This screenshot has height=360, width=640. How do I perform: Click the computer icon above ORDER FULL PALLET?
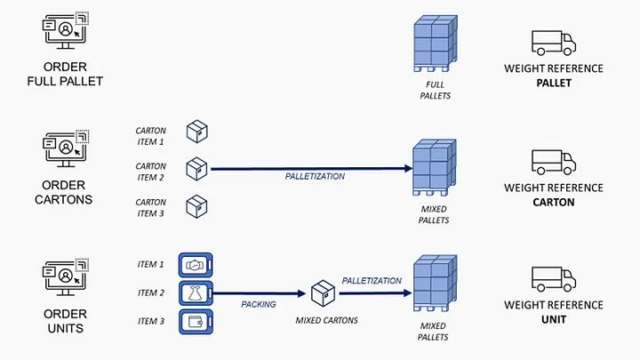pyautogui.click(x=66, y=31)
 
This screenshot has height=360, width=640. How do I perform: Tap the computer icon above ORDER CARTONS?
pyautogui.click(x=66, y=148)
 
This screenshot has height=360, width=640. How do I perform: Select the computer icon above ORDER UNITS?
pyautogui.click(x=66, y=277)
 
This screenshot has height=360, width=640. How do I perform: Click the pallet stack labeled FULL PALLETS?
pyautogui.click(x=436, y=44)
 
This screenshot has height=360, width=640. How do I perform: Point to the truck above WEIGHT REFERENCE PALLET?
pyautogui.click(x=554, y=43)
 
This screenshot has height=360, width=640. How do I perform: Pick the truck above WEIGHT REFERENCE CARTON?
pyautogui.click(x=554, y=162)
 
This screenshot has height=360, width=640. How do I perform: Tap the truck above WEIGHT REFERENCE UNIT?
pyautogui.click(x=554, y=279)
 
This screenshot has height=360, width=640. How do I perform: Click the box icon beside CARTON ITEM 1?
pyautogui.click(x=197, y=132)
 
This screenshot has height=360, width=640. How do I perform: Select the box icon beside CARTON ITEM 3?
pyautogui.click(x=196, y=206)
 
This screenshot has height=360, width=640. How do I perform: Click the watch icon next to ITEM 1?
pyautogui.click(x=196, y=265)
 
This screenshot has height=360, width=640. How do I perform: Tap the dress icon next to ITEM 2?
pyautogui.click(x=196, y=293)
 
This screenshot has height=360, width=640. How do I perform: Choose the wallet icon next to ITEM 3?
pyautogui.click(x=196, y=322)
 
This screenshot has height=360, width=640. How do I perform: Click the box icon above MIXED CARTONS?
pyautogui.click(x=324, y=293)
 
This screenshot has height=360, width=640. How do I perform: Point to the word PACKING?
pyautogui.click(x=259, y=305)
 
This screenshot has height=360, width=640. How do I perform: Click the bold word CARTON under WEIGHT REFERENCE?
pyautogui.click(x=554, y=203)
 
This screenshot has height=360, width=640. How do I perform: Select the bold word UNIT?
pyautogui.click(x=554, y=320)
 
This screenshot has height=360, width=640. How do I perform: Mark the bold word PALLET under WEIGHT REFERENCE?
pyautogui.click(x=554, y=84)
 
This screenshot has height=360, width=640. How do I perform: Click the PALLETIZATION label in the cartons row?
pyautogui.click(x=315, y=176)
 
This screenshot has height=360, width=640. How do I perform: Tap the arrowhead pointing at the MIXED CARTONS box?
pyautogui.click(x=302, y=293)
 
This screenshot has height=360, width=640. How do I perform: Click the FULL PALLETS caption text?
pyautogui.click(x=435, y=90)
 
